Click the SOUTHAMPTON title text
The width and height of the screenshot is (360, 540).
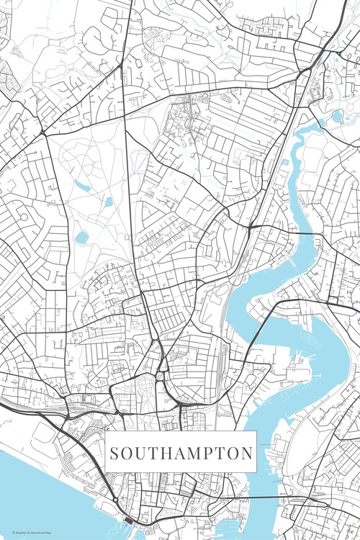(x=181, y=454)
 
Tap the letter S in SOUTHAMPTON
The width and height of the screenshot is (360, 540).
(x=115, y=454)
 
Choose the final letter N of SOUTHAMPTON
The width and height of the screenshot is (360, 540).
(x=246, y=454)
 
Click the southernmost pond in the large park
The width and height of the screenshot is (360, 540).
(x=81, y=236)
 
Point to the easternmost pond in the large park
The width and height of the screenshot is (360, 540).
(x=109, y=202)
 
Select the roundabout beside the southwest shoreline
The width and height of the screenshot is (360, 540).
(x=115, y=499)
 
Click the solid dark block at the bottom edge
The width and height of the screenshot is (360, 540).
(x=128, y=520)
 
